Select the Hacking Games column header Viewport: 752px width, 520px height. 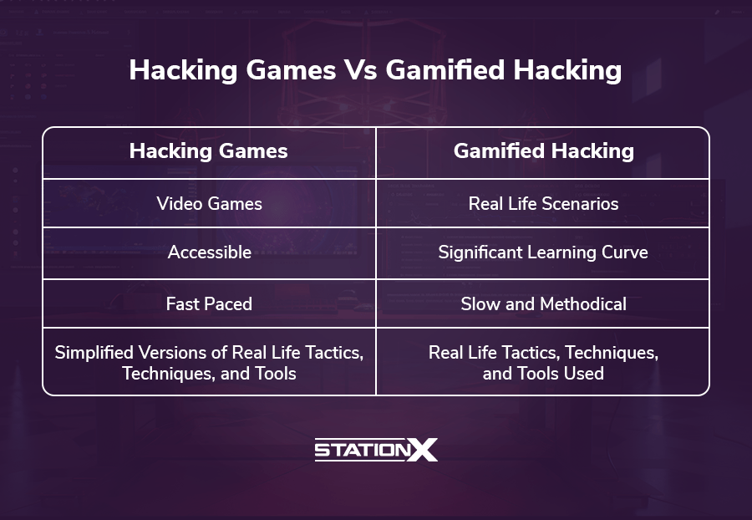[209, 151]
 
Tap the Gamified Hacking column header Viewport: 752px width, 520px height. [544, 151]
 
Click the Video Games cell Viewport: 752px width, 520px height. [209, 203]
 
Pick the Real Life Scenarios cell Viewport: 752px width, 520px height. [543, 203]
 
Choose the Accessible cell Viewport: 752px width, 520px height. [210, 252]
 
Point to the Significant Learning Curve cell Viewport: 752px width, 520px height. [543, 252]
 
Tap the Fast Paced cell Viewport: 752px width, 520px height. [209, 303]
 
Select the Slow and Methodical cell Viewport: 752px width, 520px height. [543, 303]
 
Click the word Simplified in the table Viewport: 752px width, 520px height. [94, 353]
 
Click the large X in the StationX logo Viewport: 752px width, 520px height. [422, 450]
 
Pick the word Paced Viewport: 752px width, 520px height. [229, 303]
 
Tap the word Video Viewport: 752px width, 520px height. [180, 203]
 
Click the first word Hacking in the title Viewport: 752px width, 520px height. [183, 71]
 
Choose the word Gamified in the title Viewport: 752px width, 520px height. [445, 70]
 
